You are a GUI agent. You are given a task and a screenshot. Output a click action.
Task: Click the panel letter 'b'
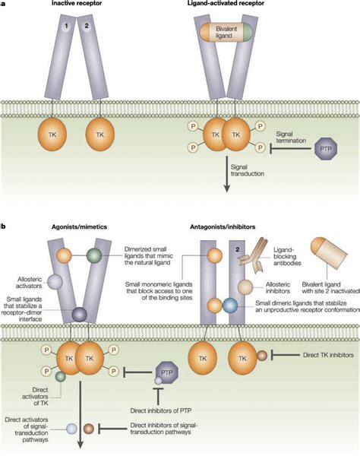tap(4, 226)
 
